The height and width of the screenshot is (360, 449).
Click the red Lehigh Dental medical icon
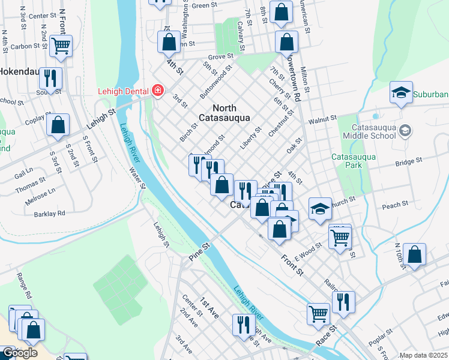point(157,91)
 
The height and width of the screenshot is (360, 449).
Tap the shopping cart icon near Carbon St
point(61,45)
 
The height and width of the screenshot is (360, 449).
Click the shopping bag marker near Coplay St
point(58,125)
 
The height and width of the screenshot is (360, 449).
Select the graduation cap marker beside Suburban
point(401,92)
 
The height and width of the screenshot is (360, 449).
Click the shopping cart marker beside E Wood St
point(340,238)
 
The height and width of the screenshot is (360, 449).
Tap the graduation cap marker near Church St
point(321,208)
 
